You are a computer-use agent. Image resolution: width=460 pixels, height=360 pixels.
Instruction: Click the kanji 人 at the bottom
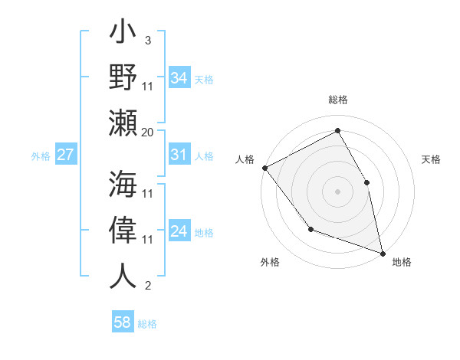click(123, 275)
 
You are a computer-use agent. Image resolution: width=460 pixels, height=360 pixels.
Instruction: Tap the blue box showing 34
click(179, 77)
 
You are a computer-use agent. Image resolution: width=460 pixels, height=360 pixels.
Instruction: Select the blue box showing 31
click(179, 155)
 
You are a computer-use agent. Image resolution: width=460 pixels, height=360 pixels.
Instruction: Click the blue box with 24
click(179, 231)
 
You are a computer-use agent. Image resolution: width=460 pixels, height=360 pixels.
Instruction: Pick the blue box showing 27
click(65, 155)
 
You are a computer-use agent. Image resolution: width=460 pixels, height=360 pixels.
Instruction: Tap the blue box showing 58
click(123, 322)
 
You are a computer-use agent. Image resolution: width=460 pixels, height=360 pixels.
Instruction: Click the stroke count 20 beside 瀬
click(148, 132)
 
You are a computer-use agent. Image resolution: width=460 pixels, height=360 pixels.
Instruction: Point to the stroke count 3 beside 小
click(147, 40)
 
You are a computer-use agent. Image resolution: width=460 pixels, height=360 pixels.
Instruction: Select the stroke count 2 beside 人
click(147, 286)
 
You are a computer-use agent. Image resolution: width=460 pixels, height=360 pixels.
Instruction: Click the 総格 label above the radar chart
click(338, 100)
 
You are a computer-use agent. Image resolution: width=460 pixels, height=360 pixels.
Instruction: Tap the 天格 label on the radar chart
click(431, 159)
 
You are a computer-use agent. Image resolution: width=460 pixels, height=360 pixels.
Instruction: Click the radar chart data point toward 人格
click(264, 168)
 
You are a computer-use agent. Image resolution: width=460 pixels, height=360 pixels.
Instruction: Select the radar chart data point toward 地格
click(383, 252)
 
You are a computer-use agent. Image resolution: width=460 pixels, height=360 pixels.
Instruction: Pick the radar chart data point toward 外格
click(310, 228)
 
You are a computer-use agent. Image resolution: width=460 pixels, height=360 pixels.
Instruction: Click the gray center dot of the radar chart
click(337, 191)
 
